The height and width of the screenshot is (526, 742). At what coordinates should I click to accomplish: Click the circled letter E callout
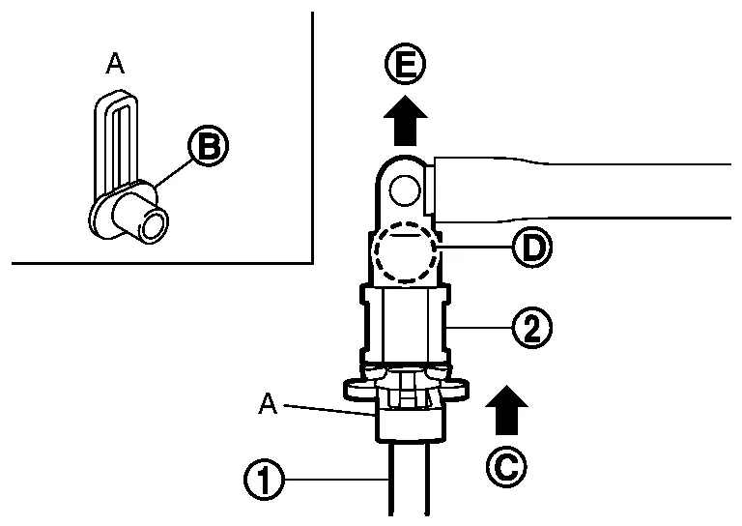click(x=405, y=65)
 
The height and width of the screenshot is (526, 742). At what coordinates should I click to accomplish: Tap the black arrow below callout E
click(x=405, y=120)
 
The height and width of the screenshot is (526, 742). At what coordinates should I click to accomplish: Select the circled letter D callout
click(x=532, y=247)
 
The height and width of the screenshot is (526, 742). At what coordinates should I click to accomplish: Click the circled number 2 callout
click(x=532, y=327)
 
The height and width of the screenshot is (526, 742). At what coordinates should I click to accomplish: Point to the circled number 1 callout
click(x=264, y=480)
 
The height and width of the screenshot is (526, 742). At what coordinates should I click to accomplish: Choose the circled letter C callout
click(x=506, y=466)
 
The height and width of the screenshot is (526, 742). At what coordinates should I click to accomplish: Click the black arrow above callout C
click(x=506, y=410)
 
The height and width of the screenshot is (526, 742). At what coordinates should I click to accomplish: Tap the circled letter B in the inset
click(x=209, y=146)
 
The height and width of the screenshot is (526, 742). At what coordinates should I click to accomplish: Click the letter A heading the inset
click(x=115, y=64)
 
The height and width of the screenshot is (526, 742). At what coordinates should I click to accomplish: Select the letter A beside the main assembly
click(x=268, y=405)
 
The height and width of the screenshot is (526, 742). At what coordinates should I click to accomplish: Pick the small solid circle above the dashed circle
click(x=405, y=190)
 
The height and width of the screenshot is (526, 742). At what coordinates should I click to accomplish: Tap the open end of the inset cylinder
click(x=155, y=226)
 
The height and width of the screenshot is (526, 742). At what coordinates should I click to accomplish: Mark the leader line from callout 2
click(x=478, y=327)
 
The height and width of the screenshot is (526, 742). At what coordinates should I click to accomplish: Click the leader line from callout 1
click(x=337, y=480)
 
